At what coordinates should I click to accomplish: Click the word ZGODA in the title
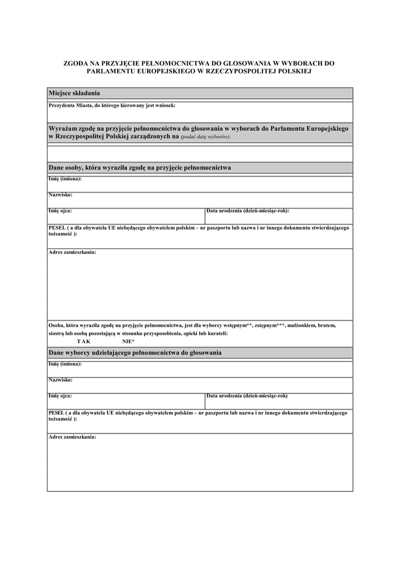tap(74, 62)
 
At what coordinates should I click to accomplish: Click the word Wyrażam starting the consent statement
tap(64, 127)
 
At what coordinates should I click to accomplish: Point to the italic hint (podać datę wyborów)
tap(205, 136)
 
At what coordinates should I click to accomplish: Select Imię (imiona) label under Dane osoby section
tap(65, 179)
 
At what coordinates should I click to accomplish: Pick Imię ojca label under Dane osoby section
tap(61, 210)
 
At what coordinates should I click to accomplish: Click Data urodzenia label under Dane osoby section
tap(247, 210)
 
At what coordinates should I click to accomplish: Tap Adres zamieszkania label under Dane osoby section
tap(72, 252)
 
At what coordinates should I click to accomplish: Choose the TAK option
tap(84, 341)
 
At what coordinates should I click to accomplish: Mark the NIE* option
tap(128, 341)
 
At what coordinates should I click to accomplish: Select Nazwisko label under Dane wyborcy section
tap(60, 379)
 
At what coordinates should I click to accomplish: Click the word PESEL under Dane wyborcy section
tap(57, 413)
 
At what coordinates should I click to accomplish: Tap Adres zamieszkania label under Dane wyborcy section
tap(72, 437)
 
